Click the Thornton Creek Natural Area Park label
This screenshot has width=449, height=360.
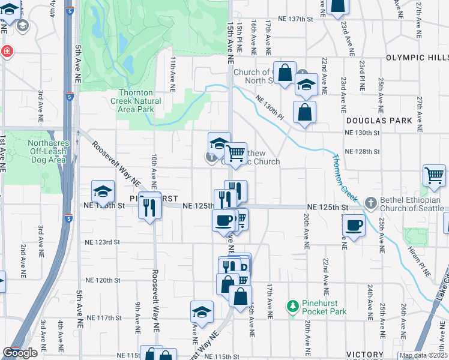pyautogui.click(x=140, y=101)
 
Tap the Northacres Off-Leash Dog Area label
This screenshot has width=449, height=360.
pyautogui.click(x=49, y=152)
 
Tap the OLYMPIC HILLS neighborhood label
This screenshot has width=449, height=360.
pyautogui.click(x=417, y=58)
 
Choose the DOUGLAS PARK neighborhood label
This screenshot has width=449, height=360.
pyautogui.click(x=388, y=121)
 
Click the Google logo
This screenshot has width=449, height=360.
pyautogui.click(x=20, y=353)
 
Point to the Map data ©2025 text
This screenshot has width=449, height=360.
pyautogui.click(x=423, y=355)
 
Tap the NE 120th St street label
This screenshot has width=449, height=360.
pyautogui.click(x=103, y=280)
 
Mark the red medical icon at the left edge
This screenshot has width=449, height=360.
pyautogui.click(x=7, y=52)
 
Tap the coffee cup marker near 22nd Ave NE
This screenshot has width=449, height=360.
pyautogui.click(x=354, y=226)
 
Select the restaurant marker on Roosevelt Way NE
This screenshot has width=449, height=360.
pyautogui.click(x=148, y=207)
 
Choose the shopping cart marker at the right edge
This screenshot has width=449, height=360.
pyautogui.click(x=434, y=176)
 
